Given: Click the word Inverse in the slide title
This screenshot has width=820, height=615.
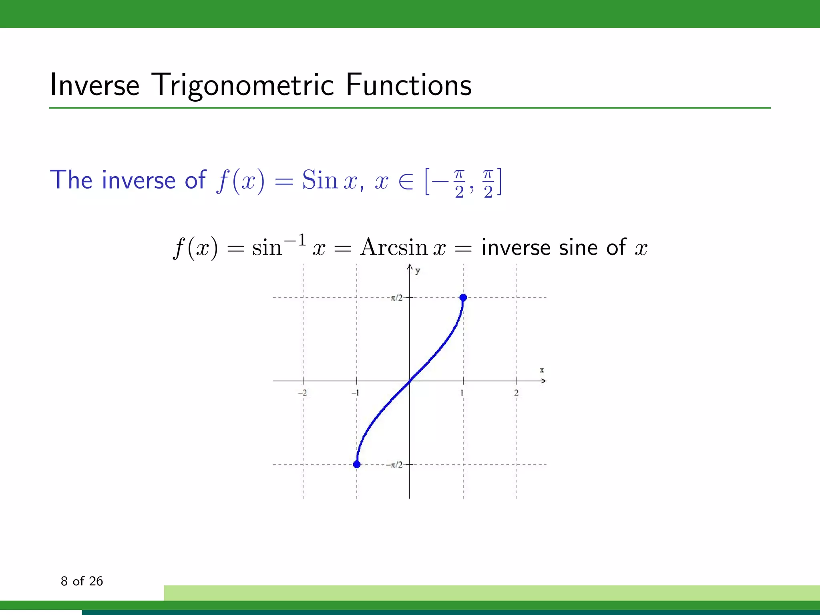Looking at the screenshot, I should pos(94,85).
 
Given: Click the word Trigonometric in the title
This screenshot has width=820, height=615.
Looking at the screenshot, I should pos(243,86).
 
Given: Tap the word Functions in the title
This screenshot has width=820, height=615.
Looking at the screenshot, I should pos(408,85).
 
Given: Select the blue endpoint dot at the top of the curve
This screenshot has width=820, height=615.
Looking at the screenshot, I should pos(463,297).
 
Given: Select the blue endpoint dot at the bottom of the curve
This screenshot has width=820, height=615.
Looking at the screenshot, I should pos(357,464).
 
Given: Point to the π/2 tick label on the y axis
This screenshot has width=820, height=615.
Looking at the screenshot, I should pos(396,298).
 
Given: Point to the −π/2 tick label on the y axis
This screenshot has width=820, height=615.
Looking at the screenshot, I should pos(394,465).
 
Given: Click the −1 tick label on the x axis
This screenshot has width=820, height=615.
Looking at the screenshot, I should pos(355,393).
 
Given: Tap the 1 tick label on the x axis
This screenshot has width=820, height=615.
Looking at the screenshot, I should pos(462,393).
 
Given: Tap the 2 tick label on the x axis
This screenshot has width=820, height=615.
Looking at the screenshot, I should pos(516,393).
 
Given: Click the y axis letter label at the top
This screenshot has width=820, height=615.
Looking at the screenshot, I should pos(418,271).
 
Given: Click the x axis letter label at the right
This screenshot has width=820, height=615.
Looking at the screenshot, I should pos(542,370).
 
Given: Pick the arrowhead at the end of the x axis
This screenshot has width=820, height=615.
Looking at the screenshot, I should pos(544,381).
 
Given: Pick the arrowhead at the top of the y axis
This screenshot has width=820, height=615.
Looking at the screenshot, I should pos(410,267).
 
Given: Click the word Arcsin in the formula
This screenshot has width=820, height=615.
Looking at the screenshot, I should pos(394,247).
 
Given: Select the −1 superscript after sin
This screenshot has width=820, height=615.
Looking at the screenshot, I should pos(295,240).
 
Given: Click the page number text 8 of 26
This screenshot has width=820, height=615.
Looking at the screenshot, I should pos(82,581).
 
